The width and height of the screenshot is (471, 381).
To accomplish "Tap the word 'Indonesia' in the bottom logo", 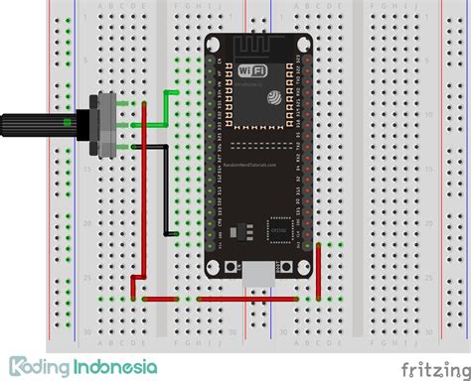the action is click(114, 366).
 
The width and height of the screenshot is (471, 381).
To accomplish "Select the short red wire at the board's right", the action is click(318, 273).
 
